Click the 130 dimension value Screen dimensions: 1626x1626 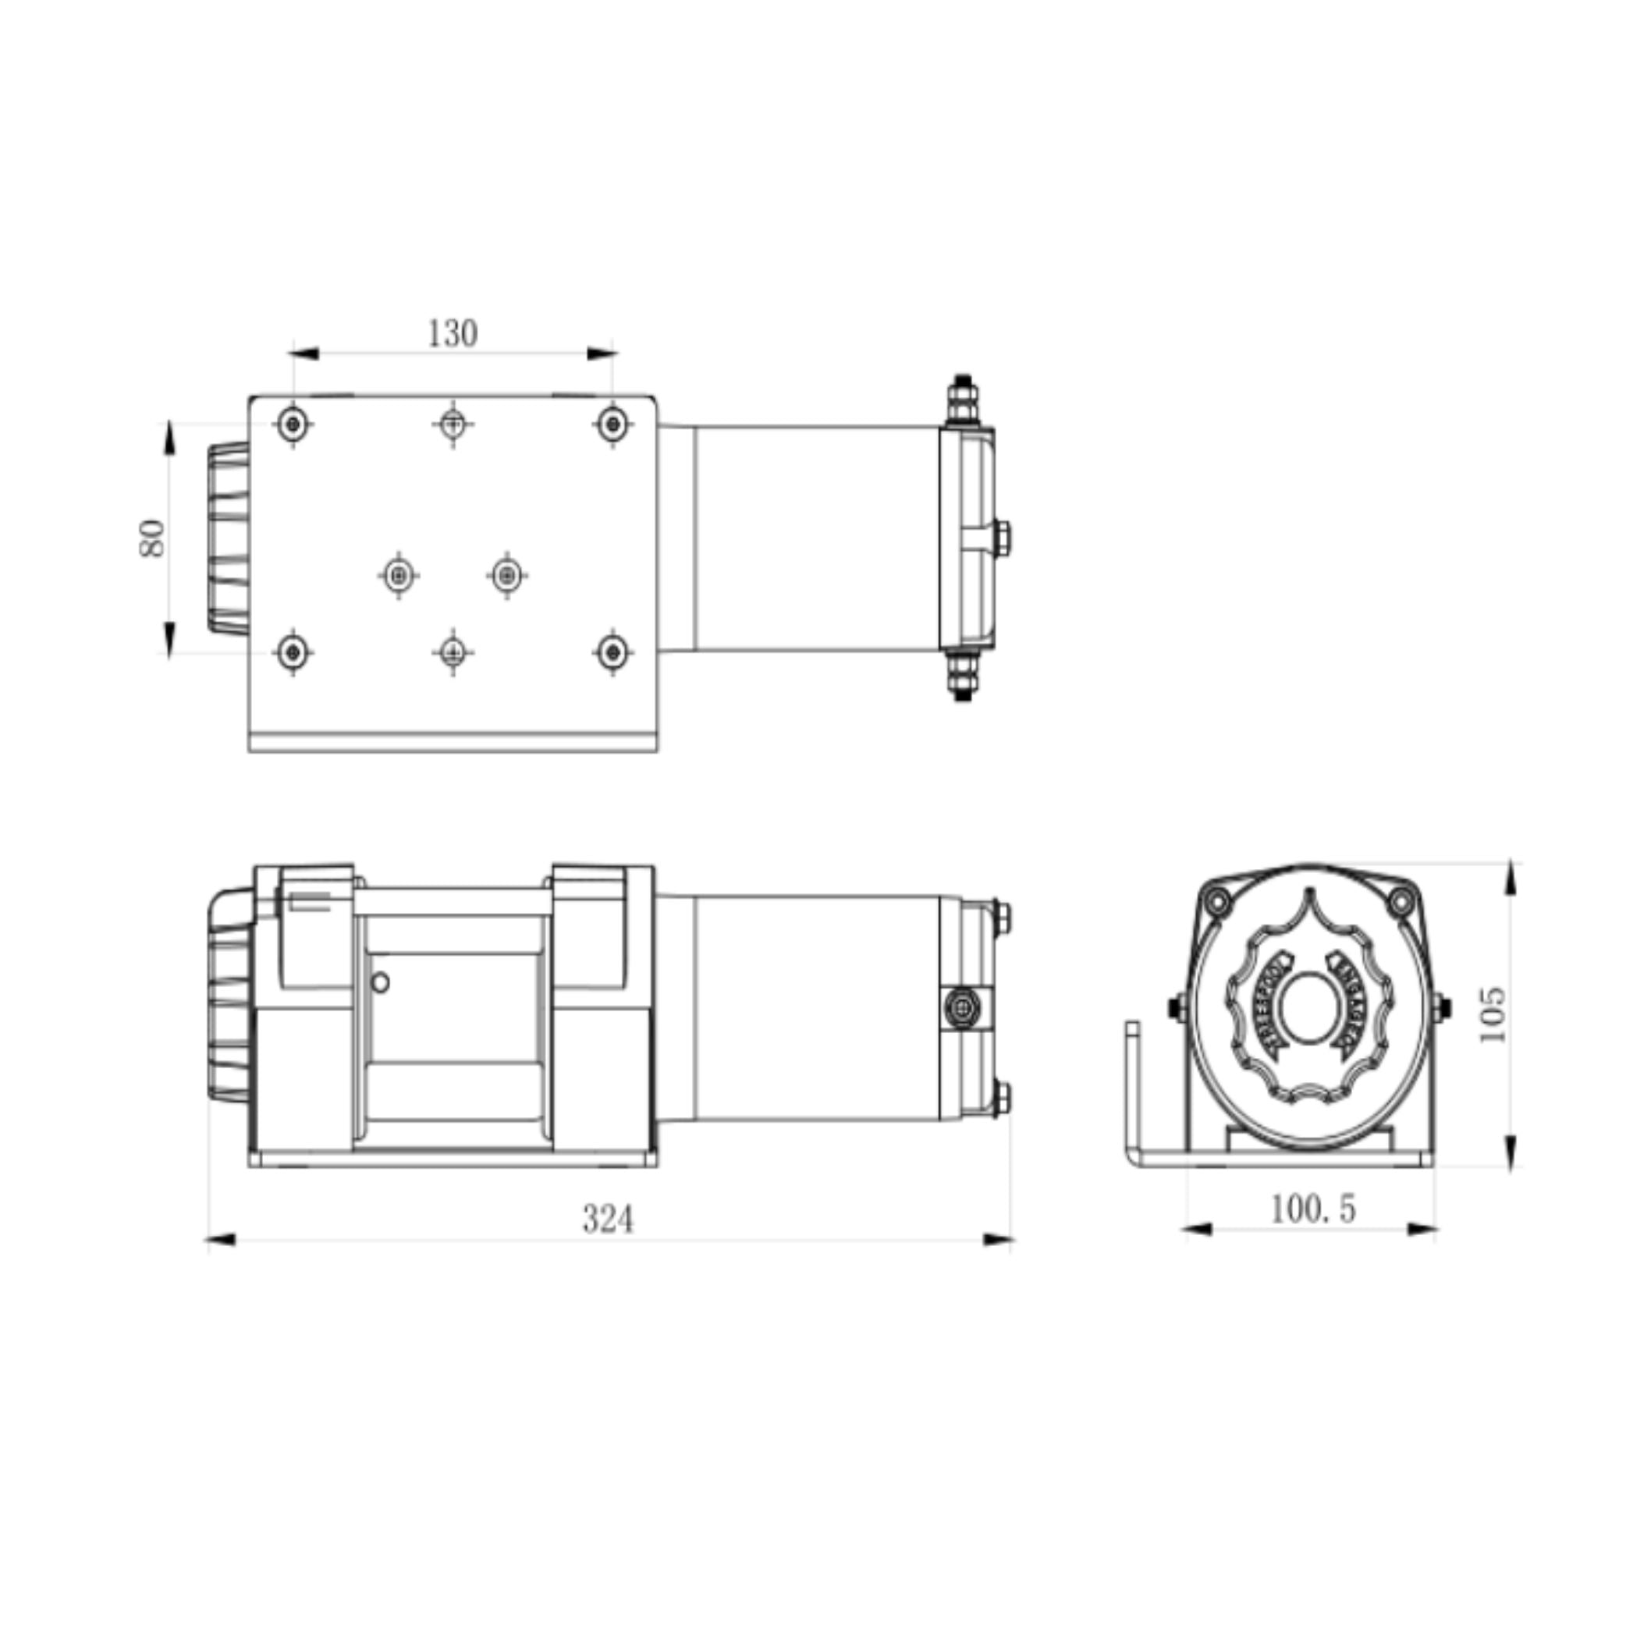pos(453,334)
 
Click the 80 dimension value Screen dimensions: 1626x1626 pos(152,538)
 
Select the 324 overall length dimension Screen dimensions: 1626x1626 pos(608,1219)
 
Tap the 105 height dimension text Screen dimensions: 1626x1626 pos(1492,1014)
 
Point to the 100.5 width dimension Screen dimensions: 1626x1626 pos(1312,1210)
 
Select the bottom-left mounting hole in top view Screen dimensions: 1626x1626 pos(293,651)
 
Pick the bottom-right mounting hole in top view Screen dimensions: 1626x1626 pos(612,651)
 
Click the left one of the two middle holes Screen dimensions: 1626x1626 pos(399,576)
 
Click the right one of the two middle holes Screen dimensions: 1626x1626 pos(506,576)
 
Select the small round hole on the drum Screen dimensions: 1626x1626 pos(381,982)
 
